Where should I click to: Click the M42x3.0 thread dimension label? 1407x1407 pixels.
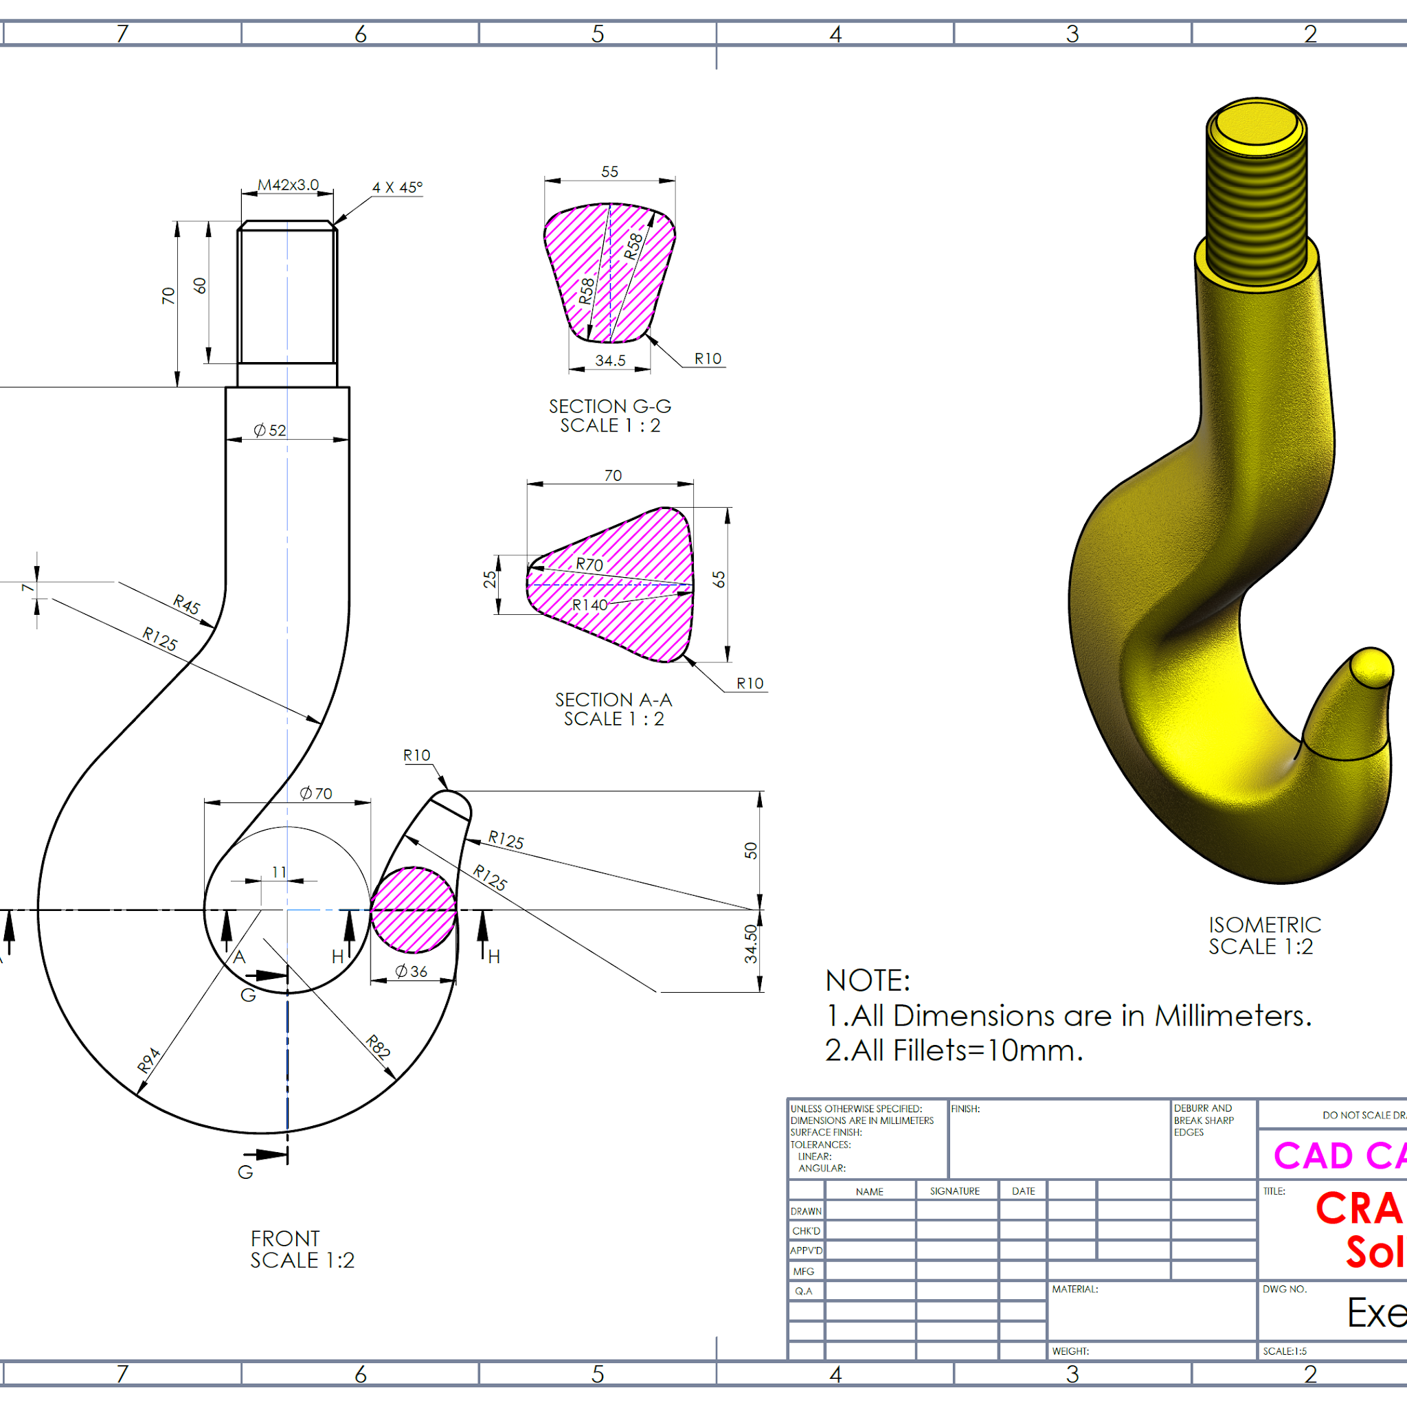tap(289, 185)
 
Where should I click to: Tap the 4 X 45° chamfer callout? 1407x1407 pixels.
tap(397, 187)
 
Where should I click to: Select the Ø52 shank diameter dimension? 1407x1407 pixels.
tap(269, 430)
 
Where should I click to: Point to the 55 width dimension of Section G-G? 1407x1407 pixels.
tap(609, 172)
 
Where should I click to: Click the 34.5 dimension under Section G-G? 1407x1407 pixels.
tap(610, 361)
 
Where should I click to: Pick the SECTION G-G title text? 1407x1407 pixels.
tap(610, 407)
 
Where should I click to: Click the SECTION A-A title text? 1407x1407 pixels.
tap(614, 700)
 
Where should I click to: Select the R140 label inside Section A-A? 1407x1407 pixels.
tap(589, 605)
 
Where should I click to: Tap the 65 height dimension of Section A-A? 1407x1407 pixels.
tap(719, 580)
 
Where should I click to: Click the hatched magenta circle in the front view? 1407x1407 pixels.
tap(413, 910)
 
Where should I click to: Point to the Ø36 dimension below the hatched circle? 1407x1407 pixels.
tap(412, 971)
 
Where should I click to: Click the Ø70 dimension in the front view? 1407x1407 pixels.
tap(316, 793)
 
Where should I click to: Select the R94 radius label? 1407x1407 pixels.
tap(148, 1060)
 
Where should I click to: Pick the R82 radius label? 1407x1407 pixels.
tap(378, 1046)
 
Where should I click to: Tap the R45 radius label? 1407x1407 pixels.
tap(186, 605)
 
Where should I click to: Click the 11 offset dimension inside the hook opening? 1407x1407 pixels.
tap(279, 872)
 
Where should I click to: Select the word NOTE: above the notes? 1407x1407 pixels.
tap(868, 981)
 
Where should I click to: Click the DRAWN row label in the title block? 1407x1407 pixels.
tap(806, 1211)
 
